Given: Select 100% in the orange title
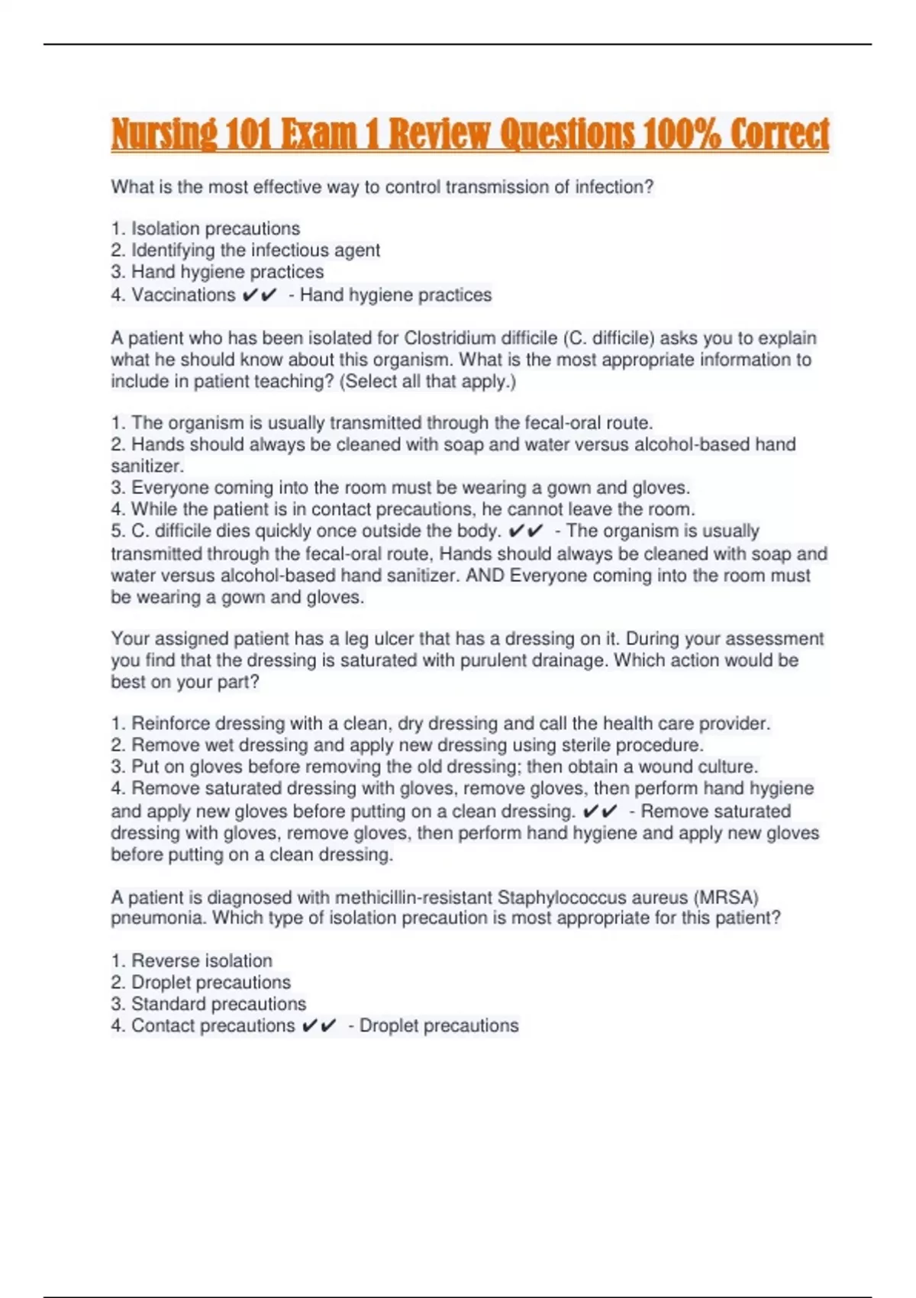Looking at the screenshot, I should pos(682,134).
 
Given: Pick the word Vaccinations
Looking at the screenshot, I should pos(183,295).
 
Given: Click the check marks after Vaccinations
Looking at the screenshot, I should pos(260,295).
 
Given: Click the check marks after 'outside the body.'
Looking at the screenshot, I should pos(525,531).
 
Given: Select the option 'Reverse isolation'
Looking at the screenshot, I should pos(202,961).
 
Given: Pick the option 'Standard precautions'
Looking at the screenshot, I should pos(218,1003).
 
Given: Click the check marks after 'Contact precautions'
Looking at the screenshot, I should pos(319,1025).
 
